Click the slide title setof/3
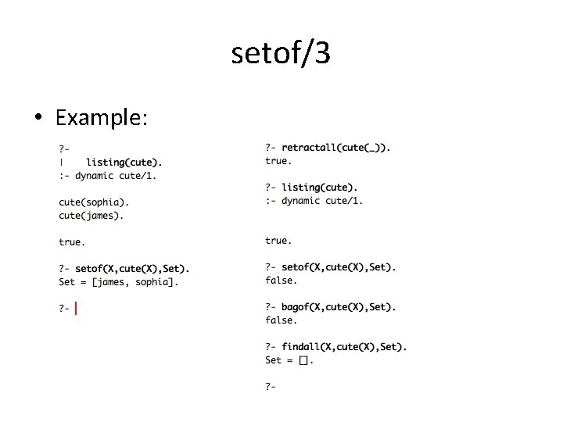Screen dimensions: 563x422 point(281,53)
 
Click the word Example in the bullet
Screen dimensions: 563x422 point(101,118)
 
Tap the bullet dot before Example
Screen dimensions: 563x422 point(38,119)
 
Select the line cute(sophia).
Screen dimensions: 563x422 point(95,202)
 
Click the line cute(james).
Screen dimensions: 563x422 point(91,215)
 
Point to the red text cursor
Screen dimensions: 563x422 point(76,309)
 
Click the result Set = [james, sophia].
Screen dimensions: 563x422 point(118,282)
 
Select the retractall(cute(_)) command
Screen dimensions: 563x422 point(335,148)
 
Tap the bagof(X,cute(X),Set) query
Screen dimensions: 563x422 point(339,307)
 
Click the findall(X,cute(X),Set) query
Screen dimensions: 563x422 point(344,347)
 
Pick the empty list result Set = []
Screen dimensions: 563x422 point(289,360)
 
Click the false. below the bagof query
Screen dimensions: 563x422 point(281,320)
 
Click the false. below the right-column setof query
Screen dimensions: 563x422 point(281,281)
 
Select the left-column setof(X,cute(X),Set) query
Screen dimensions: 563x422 point(132,269)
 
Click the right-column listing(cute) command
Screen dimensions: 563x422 point(320,188)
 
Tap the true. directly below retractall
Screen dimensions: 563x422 point(278,161)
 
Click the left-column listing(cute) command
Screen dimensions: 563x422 point(124,162)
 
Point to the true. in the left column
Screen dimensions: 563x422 point(72,242)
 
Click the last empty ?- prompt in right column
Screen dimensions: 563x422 point(271,386)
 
